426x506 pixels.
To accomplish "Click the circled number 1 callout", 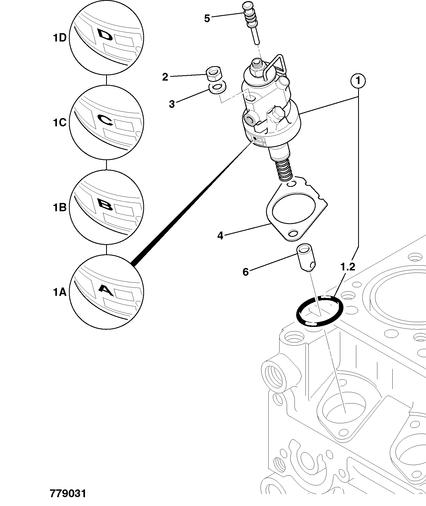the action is pyautogui.click(x=358, y=81).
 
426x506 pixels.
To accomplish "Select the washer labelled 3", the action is pyautogui.click(x=217, y=88).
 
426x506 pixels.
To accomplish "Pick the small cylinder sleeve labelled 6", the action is pyautogui.click(x=306, y=257).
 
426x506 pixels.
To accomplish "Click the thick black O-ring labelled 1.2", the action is pyautogui.click(x=320, y=311).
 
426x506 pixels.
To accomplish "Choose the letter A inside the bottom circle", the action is pyautogui.click(x=106, y=290).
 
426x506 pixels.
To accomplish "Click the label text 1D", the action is pyautogui.click(x=59, y=38).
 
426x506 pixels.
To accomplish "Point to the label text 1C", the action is pyautogui.click(x=59, y=123).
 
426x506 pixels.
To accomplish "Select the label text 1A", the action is pyautogui.click(x=59, y=292).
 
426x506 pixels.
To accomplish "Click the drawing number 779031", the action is pyautogui.click(x=68, y=493).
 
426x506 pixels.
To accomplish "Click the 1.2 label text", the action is pyautogui.click(x=347, y=267).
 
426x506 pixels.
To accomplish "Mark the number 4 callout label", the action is pyautogui.click(x=220, y=236).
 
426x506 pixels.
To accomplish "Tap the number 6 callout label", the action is pyautogui.click(x=246, y=272).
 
